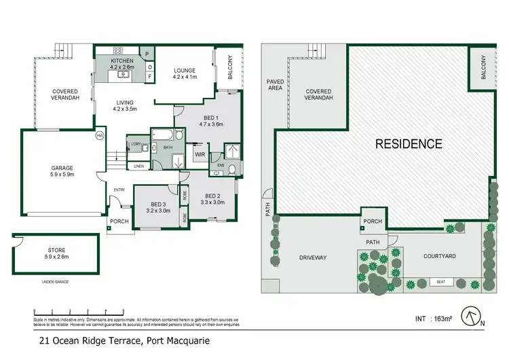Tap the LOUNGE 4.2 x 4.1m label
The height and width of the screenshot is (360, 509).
coord(185,73)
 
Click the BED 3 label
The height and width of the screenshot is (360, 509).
coord(157,207)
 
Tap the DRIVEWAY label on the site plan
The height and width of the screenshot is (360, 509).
coord(313,257)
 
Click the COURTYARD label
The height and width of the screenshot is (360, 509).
coord(439,256)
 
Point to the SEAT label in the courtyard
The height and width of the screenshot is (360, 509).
coord(440,282)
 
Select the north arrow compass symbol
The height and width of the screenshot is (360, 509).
coord(473,317)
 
